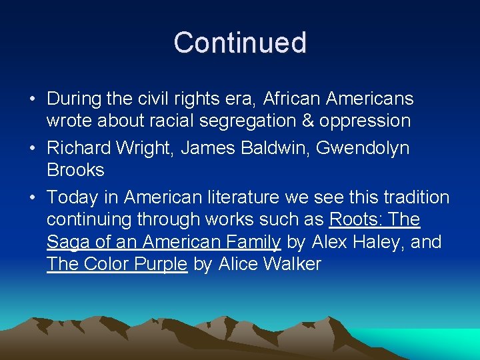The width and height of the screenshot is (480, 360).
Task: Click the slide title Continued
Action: pos(240,43)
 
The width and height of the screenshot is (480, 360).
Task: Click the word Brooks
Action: pos(75,170)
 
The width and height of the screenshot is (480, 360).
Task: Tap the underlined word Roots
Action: pos(353,219)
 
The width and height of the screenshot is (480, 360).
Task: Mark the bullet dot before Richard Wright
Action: pos(33,149)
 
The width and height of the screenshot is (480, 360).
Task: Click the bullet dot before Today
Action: pos(33,198)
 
